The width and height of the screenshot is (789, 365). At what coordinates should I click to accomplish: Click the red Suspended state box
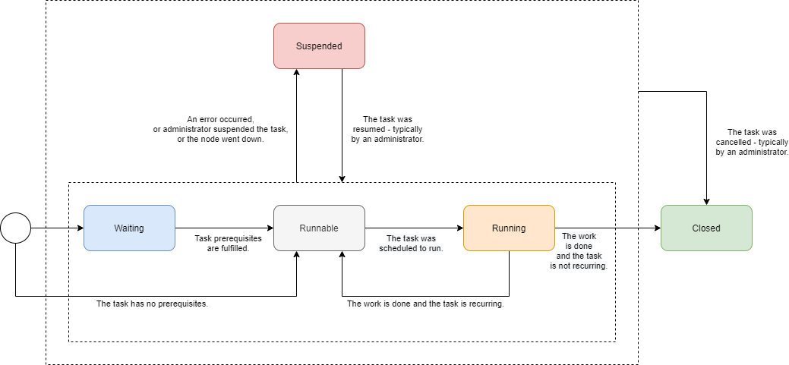(x=319, y=46)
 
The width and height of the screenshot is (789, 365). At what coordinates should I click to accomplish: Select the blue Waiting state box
(x=129, y=228)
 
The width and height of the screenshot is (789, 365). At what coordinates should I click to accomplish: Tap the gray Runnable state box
(x=319, y=228)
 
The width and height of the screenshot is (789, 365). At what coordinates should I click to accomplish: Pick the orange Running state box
(x=509, y=228)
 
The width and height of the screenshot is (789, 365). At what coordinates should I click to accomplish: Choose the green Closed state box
(x=706, y=228)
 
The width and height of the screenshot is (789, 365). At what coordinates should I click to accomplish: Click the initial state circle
(x=15, y=228)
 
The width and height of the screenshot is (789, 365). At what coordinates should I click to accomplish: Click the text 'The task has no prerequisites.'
(x=152, y=304)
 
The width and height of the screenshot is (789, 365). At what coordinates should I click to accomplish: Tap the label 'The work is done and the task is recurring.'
(x=425, y=304)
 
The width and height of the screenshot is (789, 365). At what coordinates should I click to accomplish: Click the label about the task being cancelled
(x=752, y=142)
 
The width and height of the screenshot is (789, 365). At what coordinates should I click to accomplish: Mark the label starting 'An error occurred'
(x=220, y=129)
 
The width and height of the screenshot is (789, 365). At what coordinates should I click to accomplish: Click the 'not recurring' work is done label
(x=578, y=250)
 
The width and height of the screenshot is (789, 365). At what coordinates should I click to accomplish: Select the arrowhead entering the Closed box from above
(x=706, y=201)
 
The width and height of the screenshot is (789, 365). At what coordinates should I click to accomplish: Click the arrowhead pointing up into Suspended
(x=296, y=73)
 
